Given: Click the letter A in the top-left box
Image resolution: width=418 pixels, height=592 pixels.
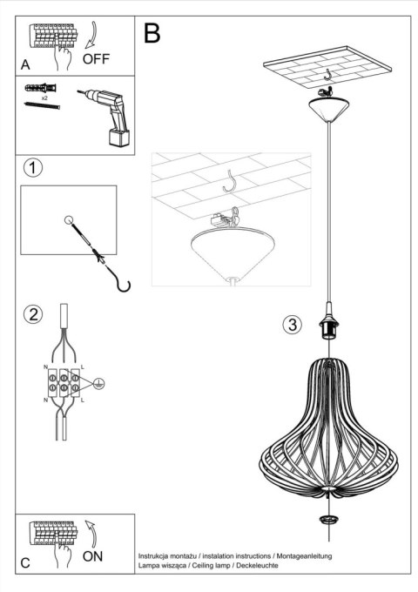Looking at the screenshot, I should [25, 64].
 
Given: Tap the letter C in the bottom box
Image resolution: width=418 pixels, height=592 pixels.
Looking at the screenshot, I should [25, 562].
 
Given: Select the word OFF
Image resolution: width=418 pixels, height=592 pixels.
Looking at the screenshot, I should [97, 59].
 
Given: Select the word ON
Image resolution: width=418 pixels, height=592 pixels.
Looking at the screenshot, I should [94, 555].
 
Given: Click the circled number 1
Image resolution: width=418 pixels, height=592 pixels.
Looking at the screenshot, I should [33, 167].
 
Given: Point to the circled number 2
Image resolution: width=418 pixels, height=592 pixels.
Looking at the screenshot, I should [33, 314].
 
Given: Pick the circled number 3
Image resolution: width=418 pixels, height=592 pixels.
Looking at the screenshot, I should [292, 326].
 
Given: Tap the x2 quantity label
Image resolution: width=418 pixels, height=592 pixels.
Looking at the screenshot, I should [44, 99].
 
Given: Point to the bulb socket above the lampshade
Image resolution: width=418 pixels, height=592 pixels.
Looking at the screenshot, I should [331, 326].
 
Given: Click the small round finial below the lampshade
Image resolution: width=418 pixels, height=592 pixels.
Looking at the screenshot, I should [328, 520].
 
